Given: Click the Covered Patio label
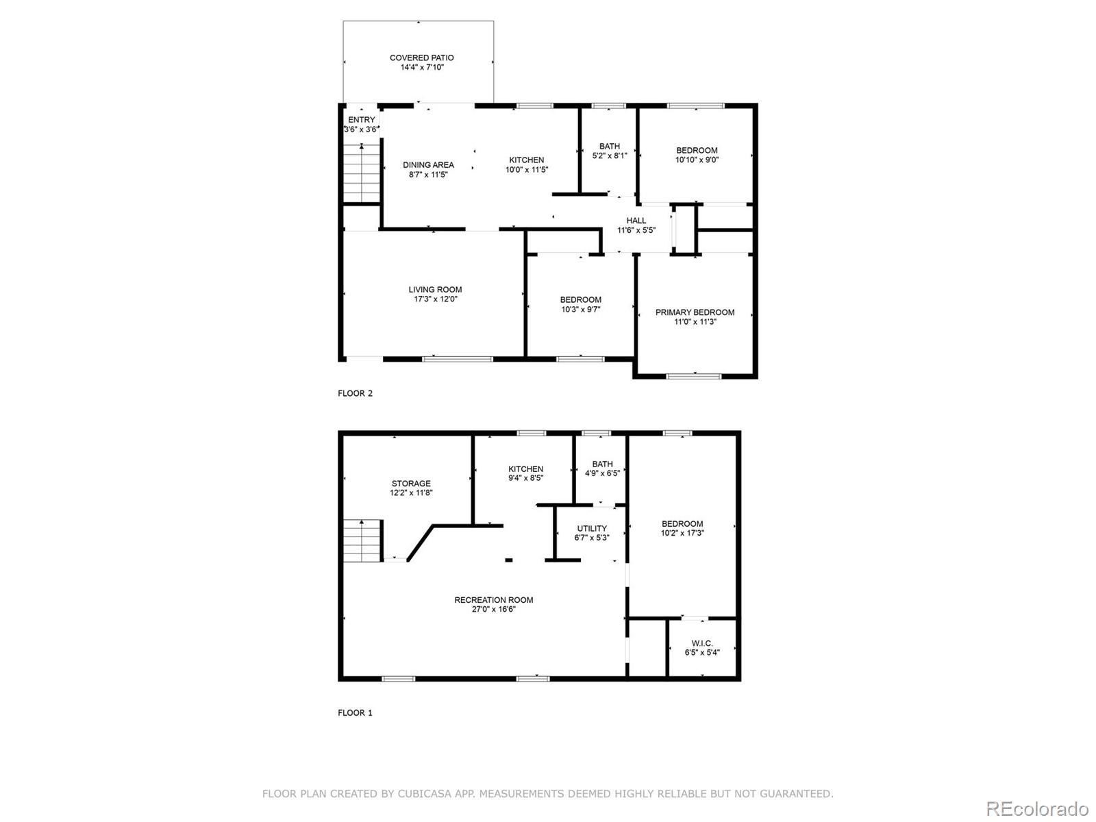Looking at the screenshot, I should click(x=421, y=58).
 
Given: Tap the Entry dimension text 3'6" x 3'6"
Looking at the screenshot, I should click(x=362, y=129).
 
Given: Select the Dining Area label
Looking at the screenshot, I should click(x=428, y=164).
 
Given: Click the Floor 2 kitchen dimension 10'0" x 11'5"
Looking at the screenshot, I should click(x=527, y=170).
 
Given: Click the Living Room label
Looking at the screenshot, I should click(x=435, y=289).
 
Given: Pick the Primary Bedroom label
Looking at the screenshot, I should click(x=695, y=312).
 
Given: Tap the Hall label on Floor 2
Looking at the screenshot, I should click(x=636, y=221).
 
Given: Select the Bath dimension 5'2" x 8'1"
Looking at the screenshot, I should click(x=609, y=155).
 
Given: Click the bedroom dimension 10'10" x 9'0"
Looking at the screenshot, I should click(x=697, y=160).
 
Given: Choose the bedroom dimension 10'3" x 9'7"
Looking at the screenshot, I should click(x=580, y=309).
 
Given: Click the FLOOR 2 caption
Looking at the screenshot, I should click(x=355, y=393).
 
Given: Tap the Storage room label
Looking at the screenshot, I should click(x=411, y=483).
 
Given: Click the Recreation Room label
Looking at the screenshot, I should click(x=493, y=599).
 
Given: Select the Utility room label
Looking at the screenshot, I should click(x=591, y=528).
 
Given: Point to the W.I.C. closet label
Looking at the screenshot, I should click(x=702, y=643).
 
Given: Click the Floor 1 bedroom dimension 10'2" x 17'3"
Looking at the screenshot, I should click(x=682, y=533).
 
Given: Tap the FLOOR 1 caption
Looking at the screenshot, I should click(x=355, y=712).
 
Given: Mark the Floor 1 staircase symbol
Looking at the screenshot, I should click(x=362, y=541).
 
